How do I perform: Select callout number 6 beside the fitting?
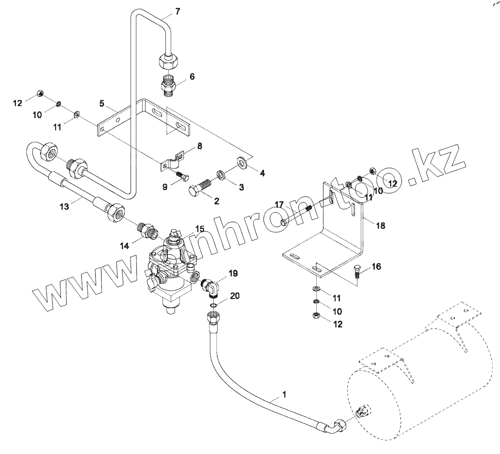point(192,77)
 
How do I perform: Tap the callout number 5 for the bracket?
point(102,103)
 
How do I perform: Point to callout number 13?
point(65,206)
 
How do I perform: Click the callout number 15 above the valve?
point(200,228)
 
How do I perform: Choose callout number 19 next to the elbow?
point(233,274)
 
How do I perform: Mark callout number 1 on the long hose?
point(284,394)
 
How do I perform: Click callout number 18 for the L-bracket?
point(381,226)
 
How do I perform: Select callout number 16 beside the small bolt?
point(377,267)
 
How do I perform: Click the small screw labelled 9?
point(182,175)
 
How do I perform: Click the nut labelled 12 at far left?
point(41,93)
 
